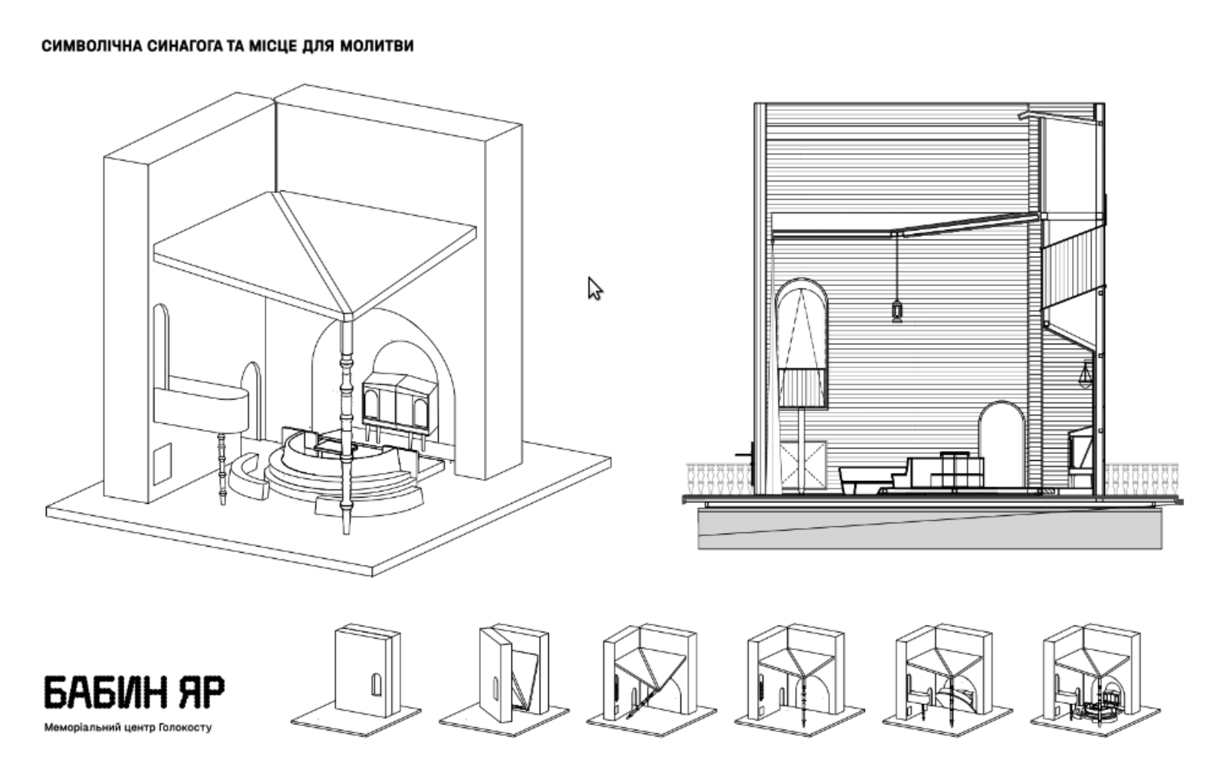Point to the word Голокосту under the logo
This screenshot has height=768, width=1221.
coord(186,728)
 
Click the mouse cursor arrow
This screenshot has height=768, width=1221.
coord(595,288)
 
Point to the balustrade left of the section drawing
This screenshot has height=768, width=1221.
coord(719,479)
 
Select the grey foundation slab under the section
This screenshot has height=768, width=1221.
coord(930,527)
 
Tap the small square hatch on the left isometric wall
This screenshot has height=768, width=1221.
coord(162,462)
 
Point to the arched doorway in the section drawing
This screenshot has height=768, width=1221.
coord(1001,444)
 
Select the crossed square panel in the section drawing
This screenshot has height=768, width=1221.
coord(805,465)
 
